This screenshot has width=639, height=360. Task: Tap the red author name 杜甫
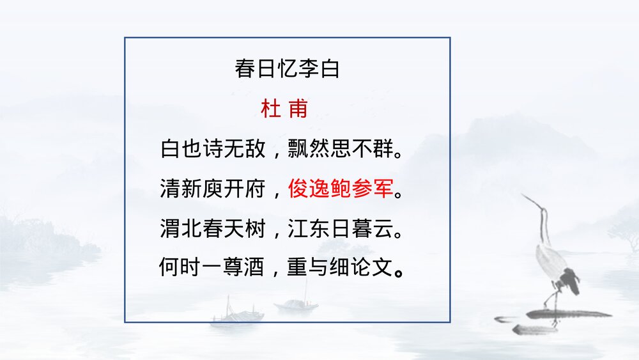pos(284,109)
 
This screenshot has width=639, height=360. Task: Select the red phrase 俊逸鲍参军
pos(339,189)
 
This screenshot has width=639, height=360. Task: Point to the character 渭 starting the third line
pos(169,228)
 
